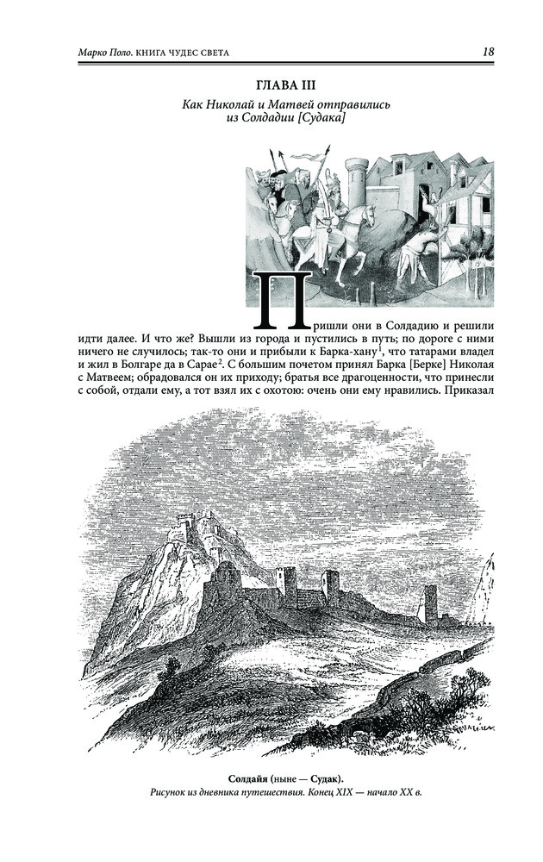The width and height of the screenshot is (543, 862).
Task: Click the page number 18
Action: click(488, 52)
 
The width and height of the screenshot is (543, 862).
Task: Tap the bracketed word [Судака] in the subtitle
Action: click(313, 119)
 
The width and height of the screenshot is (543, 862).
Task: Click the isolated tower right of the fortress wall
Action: click(430, 603)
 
